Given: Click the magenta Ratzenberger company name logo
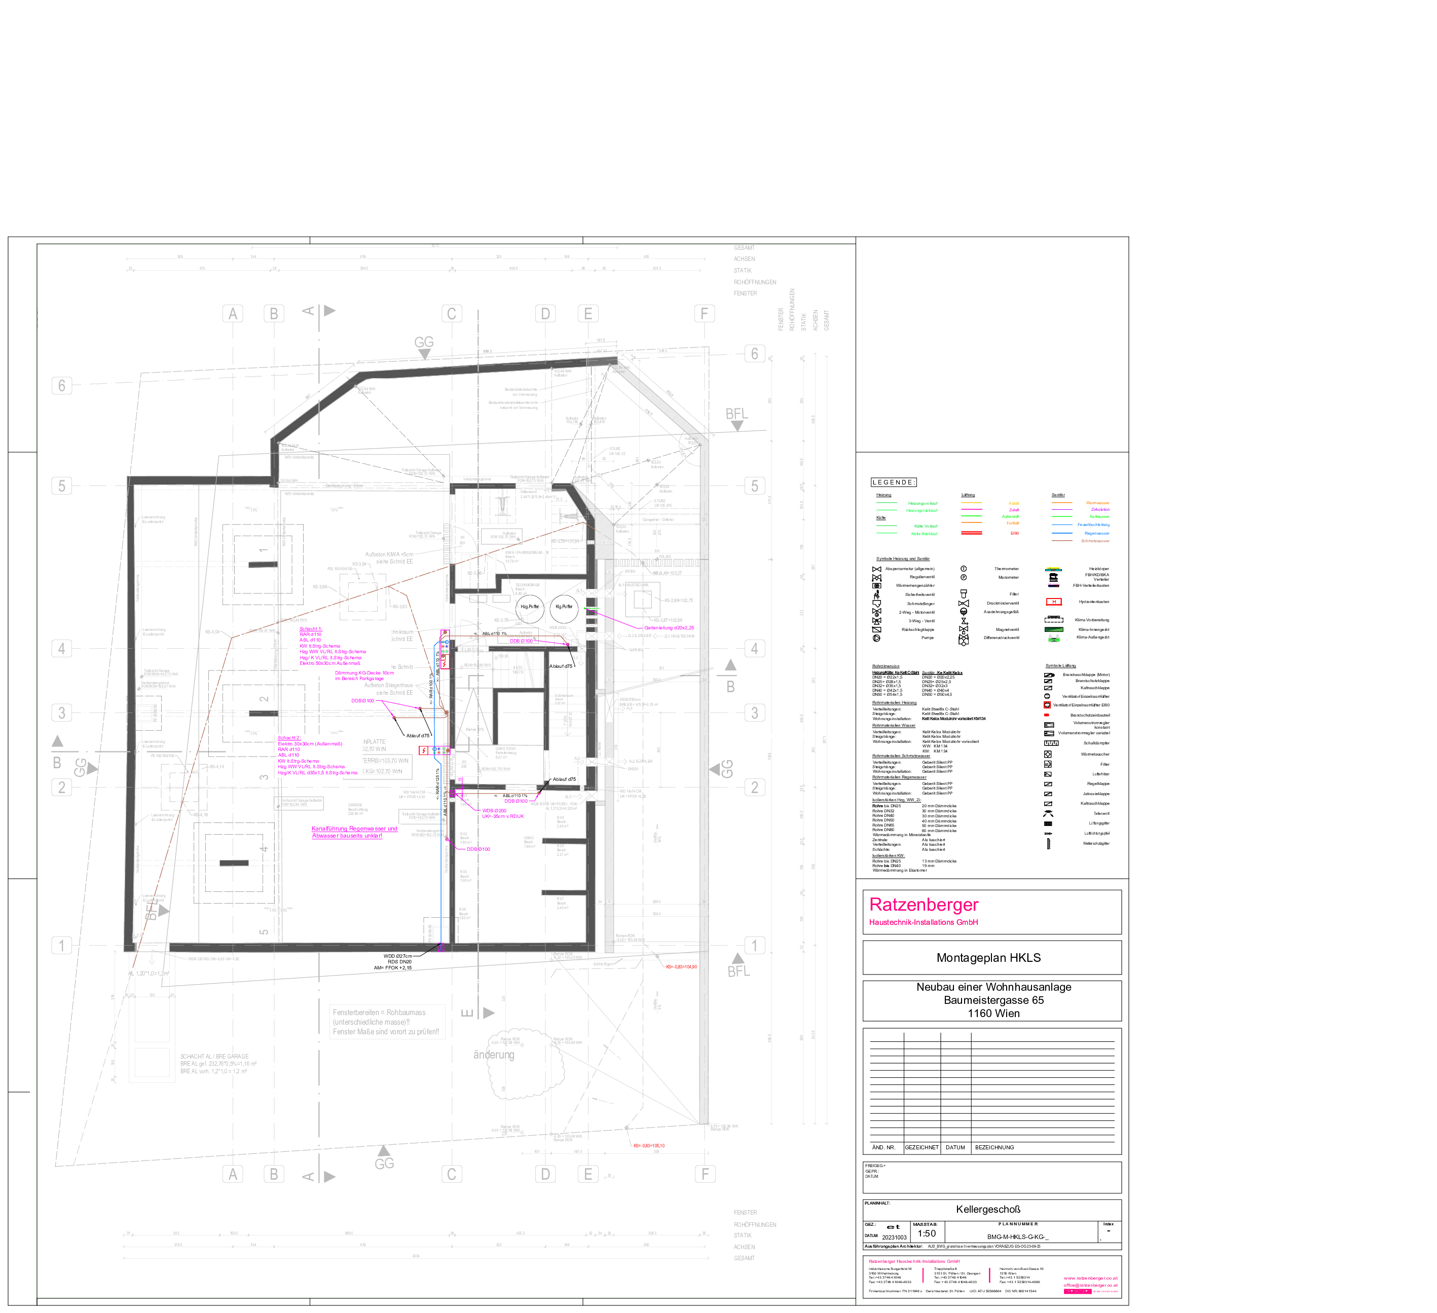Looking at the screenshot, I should click(x=923, y=905).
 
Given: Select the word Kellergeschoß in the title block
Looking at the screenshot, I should click(x=988, y=1209).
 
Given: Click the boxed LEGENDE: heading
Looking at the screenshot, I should click(x=894, y=482).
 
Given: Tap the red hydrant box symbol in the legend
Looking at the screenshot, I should click(x=1053, y=602).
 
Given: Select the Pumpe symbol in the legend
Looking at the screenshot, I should click(x=877, y=638).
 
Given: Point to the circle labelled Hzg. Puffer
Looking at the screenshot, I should click(x=530, y=607).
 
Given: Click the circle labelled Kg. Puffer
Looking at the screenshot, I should click(x=564, y=607).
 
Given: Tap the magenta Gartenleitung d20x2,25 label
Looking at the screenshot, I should click(x=669, y=628).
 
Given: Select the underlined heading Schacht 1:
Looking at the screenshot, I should click(x=310, y=629).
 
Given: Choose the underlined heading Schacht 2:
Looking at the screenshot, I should click(x=289, y=738).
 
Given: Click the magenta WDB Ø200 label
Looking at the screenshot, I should click(x=494, y=810).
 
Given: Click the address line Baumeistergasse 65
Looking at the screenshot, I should click(x=993, y=1000).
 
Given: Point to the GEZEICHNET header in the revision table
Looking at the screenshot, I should click(x=922, y=1148).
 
